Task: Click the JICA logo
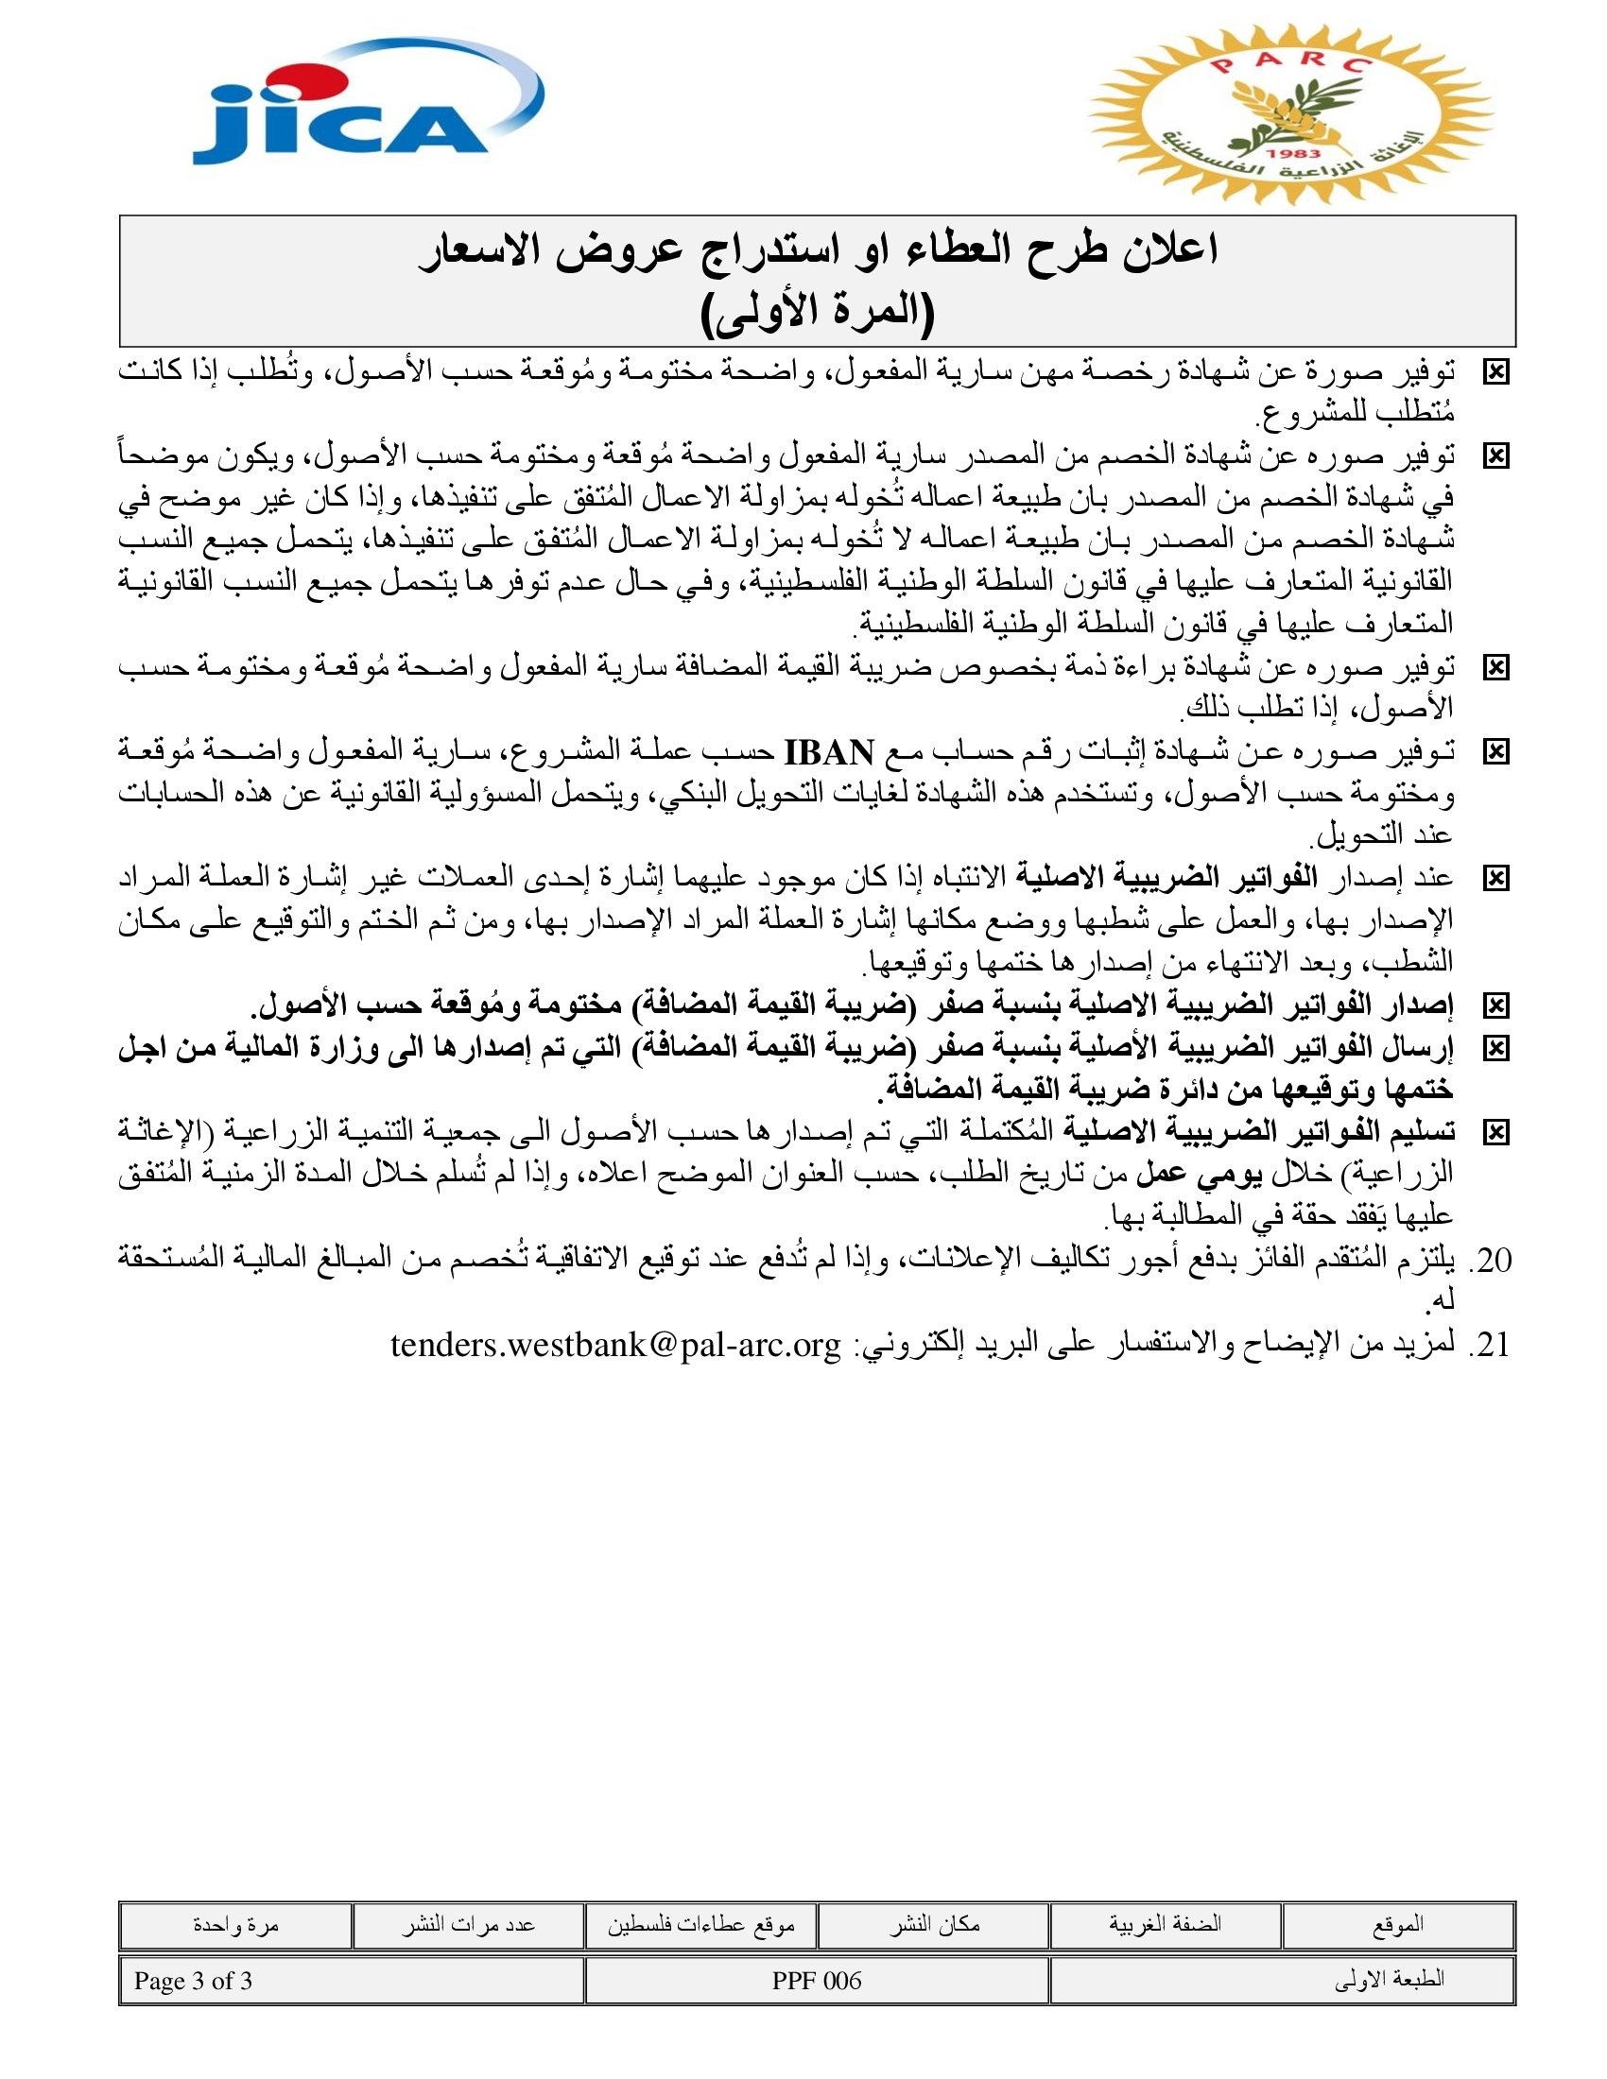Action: (x=367, y=105)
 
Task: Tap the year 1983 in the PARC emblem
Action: (x=1294, y=152)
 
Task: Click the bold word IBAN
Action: (x=828, y=753)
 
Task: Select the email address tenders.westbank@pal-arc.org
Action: (x=616, y=1345)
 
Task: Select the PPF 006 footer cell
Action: (x=817, y=1980)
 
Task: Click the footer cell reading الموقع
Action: (x=1397, y=1925)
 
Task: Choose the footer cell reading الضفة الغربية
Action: (x=1165, y=1925)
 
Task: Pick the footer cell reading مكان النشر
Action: (x=934, y=1925)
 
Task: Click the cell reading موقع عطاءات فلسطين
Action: (x=700, y=1925)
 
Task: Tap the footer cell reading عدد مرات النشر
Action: (x=467, y=1925)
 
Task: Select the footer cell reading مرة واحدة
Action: (x=235, y=1925)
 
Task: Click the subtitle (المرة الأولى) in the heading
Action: (x=817, y=311)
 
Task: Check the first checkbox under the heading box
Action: (x=1495, y=373)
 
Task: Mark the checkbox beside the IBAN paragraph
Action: (x=1495, y=753)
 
